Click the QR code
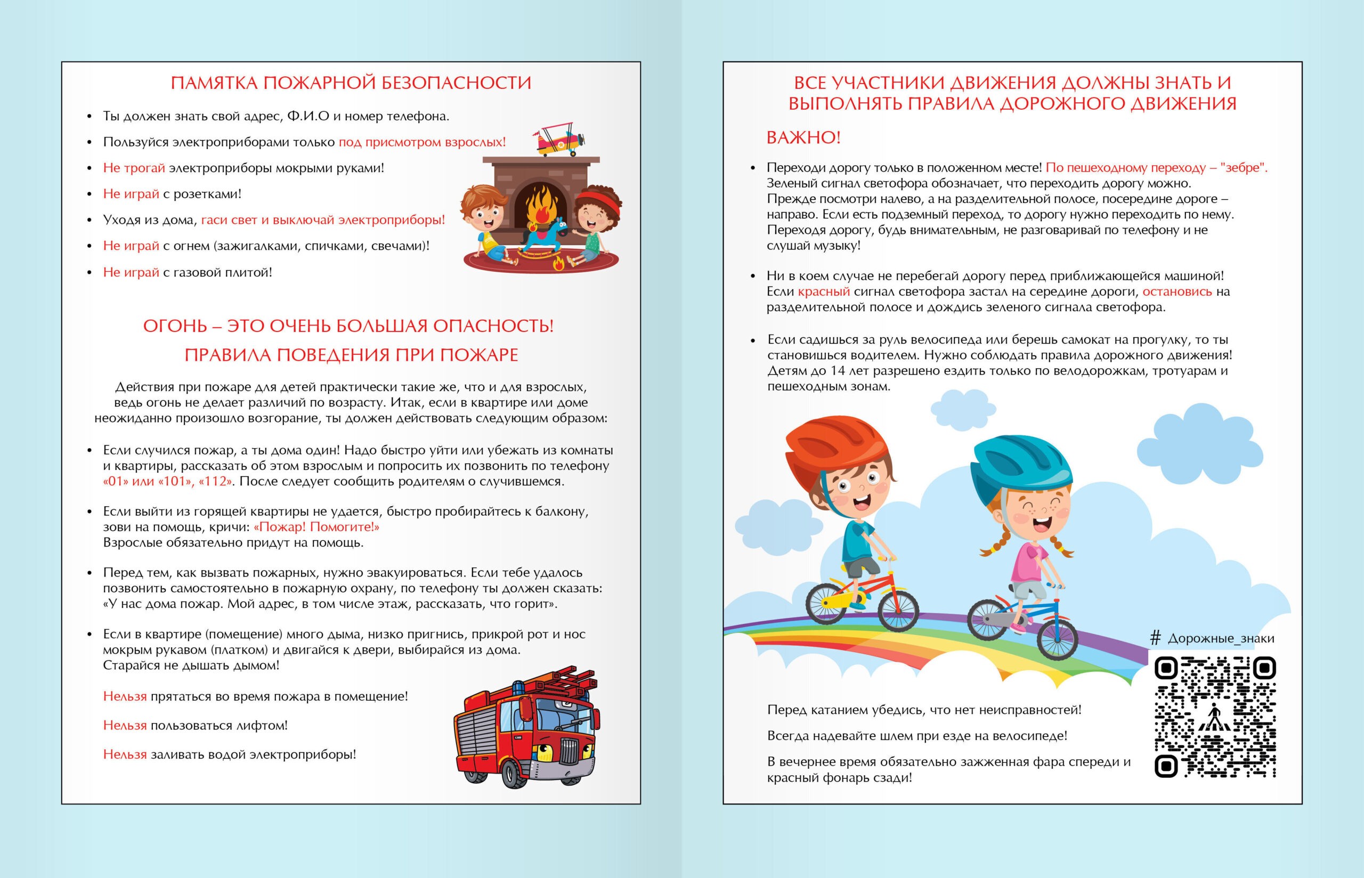pyautogui.click(x=1215, y=717)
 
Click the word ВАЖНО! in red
pyautogui.click(x=803, y=137)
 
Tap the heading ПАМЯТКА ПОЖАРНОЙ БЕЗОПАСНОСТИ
pyautogui.click(x=351, y=83)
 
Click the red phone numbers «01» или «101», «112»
pyautogui.click(x=168, y=481)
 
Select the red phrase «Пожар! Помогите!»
pyautogui.click(x=316, y=527)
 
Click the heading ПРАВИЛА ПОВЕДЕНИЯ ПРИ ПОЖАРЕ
pyautogui.click(x=351, y=355)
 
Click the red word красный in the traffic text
pyautogui.click(x=824, y=292)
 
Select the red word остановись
pyautogui.click(x=1177, y=292)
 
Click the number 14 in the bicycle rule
pyautogui.click(x=838, y=371)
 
